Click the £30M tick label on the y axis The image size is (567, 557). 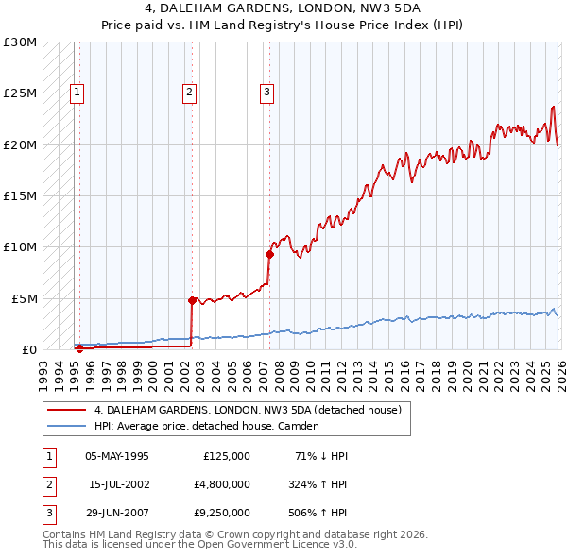pyautogui.click(x=20, y=42)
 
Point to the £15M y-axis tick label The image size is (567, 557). pyautogui.click(x=20, y=196)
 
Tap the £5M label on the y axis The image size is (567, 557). pyautogui.click(x=23, y=298)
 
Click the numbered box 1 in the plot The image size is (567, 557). pyautogui.click(x=77, y=92)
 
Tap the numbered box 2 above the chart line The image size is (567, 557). pyautogui.click(x=190, y=92)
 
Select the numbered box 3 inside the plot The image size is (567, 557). pyautogui.click(x=267, y=92)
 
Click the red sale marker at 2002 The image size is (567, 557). pyautogui.click(x=193, y=300)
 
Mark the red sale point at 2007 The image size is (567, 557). pyautogui.click(x=270, y=254)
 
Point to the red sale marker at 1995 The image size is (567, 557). pyautogui.click(x=79, y=348)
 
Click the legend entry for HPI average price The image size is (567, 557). pyautogui.click(x=207, y=426)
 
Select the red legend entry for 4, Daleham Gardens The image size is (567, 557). pyautogui.click(x=248, y=410)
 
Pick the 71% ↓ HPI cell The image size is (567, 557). pyautogui.click(x=321, y=455)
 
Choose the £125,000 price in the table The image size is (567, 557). pyautogui.click(x=227, y=455)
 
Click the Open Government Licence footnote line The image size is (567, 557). pyautogui.click(x=200, y=545)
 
